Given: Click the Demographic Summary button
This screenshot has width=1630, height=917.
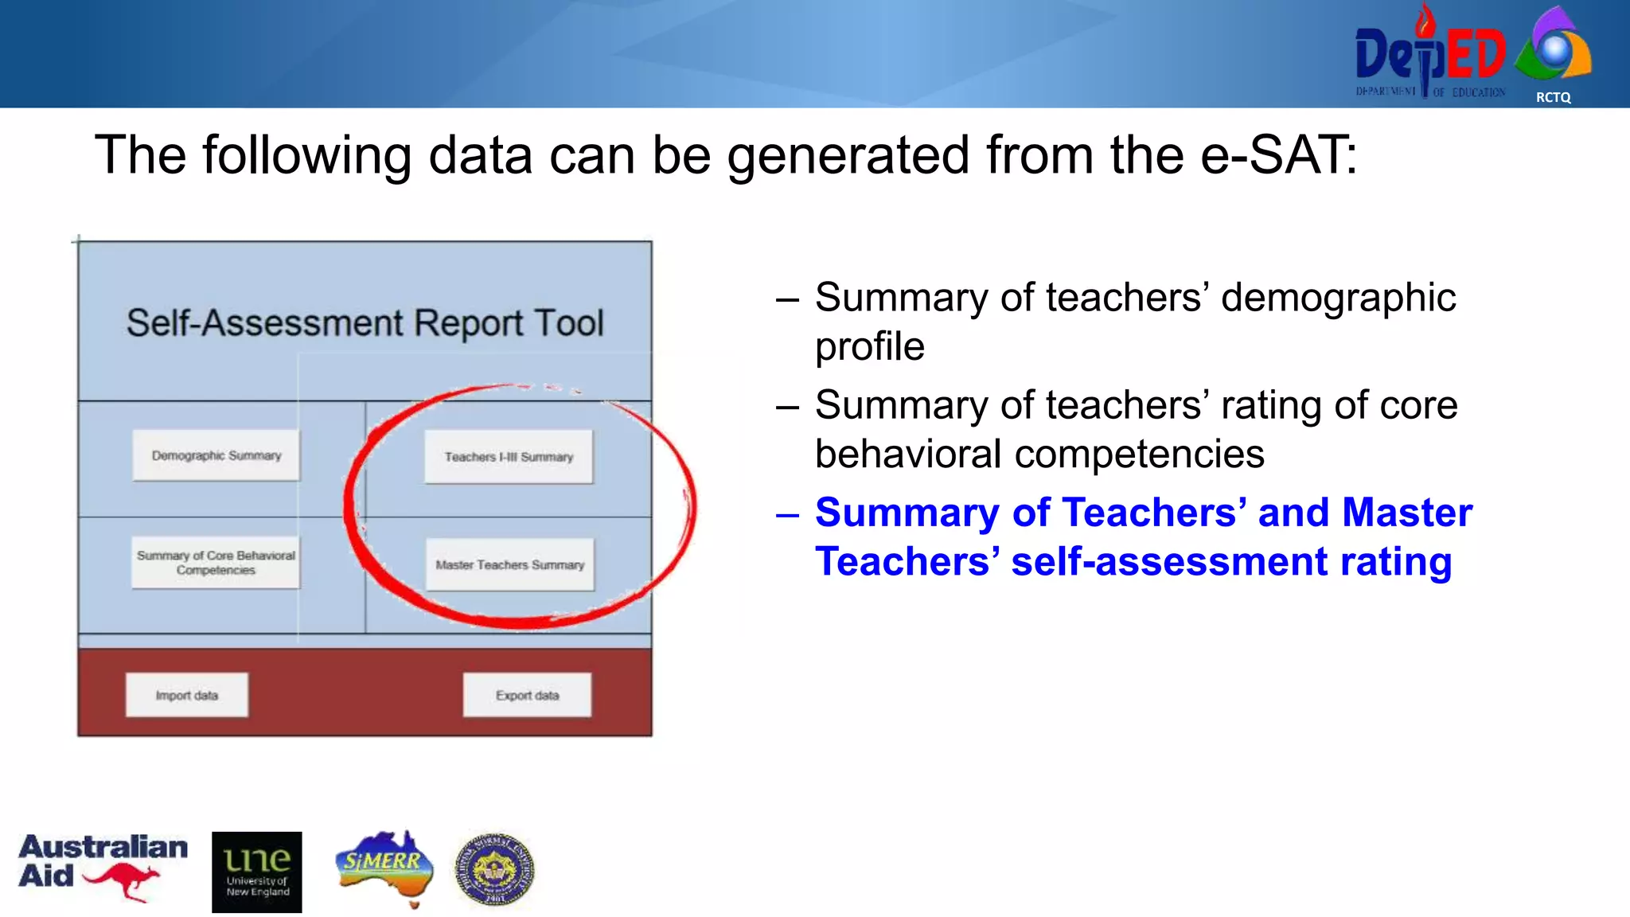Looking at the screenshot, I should (x=216, y=455).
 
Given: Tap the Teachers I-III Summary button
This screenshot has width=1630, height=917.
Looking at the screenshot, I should (x=509, y=457).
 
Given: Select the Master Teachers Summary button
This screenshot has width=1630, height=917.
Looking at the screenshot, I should (x=509, y=564).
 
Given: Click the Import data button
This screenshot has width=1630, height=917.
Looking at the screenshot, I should (x=186, y=695).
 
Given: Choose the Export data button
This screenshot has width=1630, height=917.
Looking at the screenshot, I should (x=527, y=695).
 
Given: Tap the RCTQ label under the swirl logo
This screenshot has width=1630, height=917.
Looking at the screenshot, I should (x=1553, y=97).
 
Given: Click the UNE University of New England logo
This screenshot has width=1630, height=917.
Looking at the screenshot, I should (x=256, y=872).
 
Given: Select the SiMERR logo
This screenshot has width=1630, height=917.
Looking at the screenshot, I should (x=384, y=866).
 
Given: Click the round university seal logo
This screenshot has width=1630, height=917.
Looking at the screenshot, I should (x=494, y=870).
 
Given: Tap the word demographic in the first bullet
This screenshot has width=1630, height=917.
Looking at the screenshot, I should (x=1338, y=298).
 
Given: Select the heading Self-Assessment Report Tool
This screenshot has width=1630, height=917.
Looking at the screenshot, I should (x=365, y=323).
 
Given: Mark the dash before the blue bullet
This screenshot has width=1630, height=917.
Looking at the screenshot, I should (x=787, y=515).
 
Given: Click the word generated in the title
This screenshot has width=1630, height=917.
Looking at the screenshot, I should (x=848, y=156).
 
